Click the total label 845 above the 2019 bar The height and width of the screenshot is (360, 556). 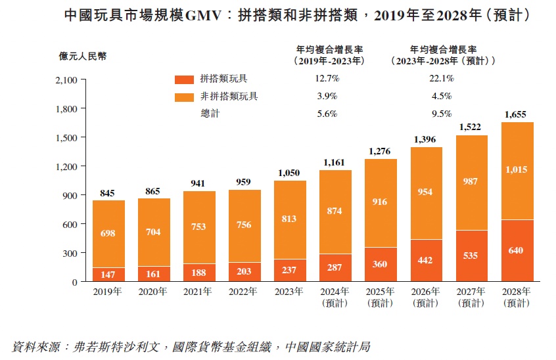108,193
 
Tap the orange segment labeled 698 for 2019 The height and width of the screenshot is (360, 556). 108,234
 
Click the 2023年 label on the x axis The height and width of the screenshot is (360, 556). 290,292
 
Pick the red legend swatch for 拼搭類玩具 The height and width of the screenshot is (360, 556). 184,79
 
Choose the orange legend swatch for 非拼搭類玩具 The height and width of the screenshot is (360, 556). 184,97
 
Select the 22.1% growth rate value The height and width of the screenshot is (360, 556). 441,79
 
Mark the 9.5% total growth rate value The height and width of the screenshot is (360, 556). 441,114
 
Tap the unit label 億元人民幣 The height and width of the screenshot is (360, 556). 82,56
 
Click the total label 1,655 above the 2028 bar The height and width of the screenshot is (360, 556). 517,114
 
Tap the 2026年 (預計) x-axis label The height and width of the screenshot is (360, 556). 426,297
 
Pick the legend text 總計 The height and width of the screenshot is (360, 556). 210,114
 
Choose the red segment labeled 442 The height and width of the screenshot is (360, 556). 426,260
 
